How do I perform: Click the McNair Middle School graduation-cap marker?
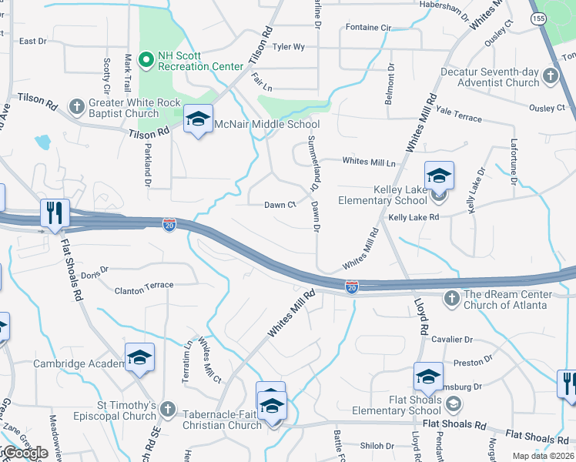pos(199,119)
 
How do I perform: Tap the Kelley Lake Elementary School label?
pos(383,195)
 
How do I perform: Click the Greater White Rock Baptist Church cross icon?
pos(76,105)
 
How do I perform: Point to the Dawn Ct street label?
pos(280,205)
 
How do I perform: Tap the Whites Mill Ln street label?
pos(368,162)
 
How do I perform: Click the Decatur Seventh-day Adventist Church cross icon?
pos(550,76)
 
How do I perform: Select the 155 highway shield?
pos(538,17)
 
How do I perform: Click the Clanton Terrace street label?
pos(144,286)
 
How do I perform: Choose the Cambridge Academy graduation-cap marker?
pos(139,357)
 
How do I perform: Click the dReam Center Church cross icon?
pos(452,298)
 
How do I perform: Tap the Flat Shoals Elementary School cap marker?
pos(428,377)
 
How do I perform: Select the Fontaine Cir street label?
pos(368,28)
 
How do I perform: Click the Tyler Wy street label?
pos(289,47)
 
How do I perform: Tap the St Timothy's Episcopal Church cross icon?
pos(169,410)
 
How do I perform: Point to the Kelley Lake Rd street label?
pos(414,218)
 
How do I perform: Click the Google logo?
pos(25,453)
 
